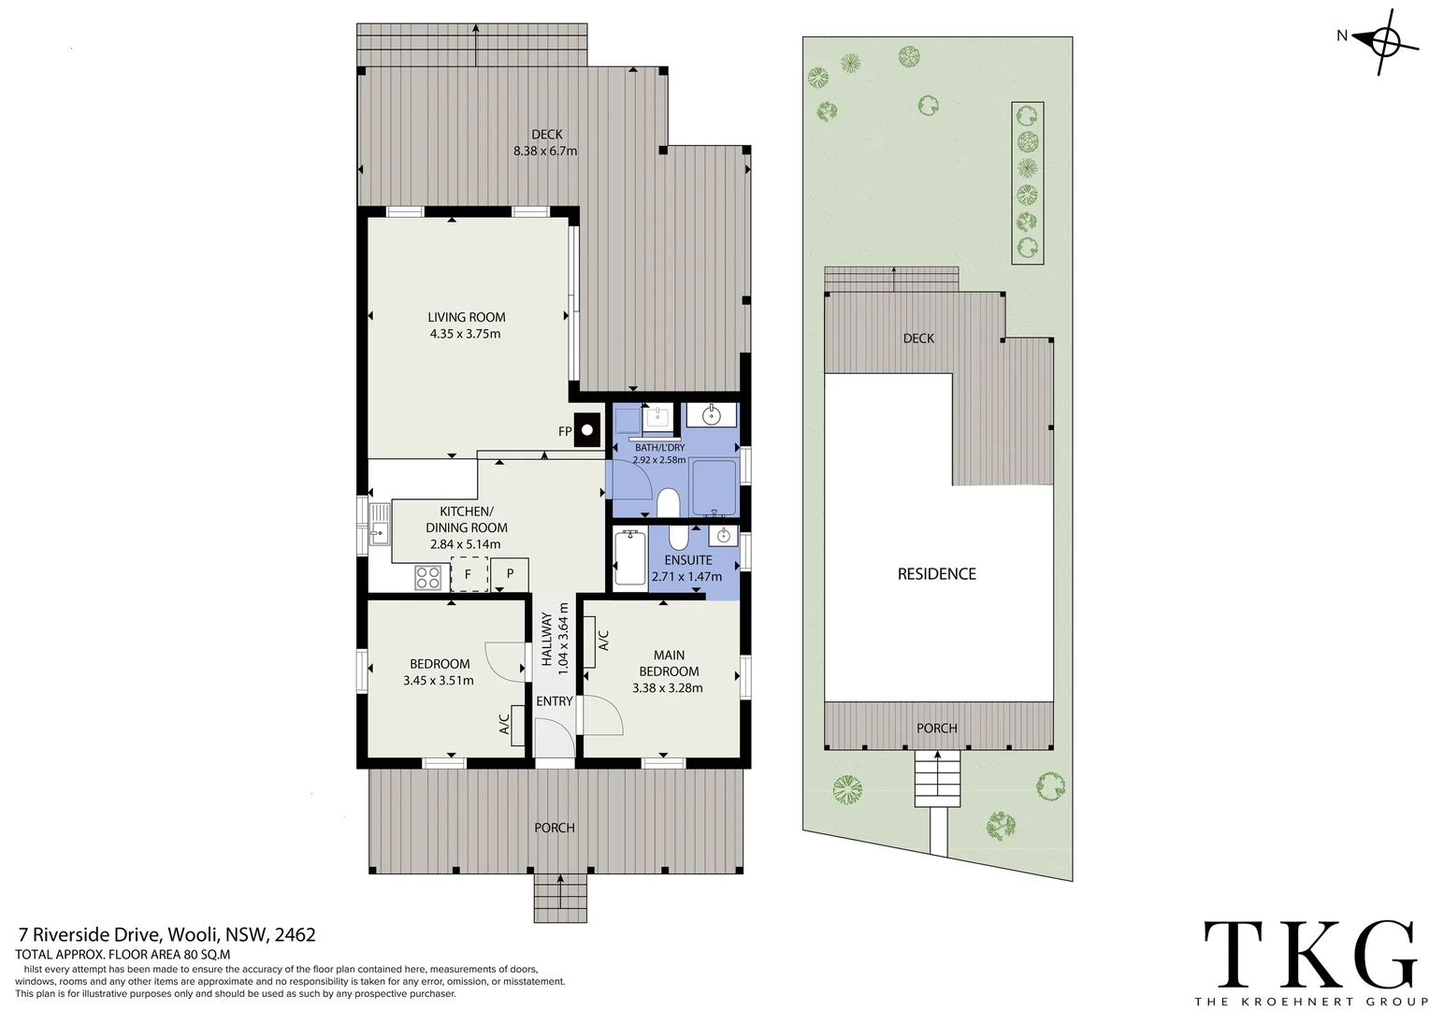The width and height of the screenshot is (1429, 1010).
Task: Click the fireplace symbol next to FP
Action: [587, 430]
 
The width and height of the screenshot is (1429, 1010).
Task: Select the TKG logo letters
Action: [1309, 952]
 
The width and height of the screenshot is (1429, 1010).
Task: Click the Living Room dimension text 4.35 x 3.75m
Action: [465, 334]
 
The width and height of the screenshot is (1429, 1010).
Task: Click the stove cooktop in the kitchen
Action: [428, 577]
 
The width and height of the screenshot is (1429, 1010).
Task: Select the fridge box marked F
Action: [469, 574]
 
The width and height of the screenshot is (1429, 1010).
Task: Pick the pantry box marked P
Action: [510, 573]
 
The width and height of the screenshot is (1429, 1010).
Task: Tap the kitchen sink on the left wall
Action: [379, 525]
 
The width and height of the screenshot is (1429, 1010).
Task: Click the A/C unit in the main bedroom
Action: [589, 640]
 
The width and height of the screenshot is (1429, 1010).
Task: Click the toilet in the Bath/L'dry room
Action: [668, 503]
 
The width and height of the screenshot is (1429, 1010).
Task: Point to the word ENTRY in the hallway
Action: [555, 701]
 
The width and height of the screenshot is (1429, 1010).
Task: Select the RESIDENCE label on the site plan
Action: [936, 574]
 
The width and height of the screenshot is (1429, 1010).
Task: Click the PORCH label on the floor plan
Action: [555, 828]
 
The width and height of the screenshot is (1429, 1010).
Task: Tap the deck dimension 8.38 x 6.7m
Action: [545, 151]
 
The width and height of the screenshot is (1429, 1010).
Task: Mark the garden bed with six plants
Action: [1028, 182]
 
